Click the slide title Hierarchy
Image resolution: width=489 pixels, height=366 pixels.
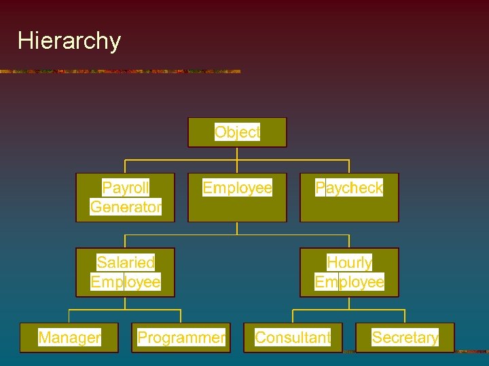coord(69,41)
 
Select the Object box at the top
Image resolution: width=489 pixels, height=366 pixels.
coord(237,132)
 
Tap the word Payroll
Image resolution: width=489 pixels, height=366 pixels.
coord(126,188)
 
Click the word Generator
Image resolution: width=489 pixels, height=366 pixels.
coord(126,207)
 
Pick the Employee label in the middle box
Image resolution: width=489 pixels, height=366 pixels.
coord(237,188)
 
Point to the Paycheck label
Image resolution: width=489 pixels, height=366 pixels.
coord(349,188)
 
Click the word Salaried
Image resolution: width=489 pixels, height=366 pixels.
coord(126,262)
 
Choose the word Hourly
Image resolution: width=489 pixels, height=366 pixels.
coord(349,262)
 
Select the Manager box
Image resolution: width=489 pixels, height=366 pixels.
coord(69,338)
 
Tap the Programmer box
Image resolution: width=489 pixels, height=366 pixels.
coord(181,338)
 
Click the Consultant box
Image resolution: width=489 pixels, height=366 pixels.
coord(293,338)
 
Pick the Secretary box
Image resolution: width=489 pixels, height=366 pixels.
coord(405,338)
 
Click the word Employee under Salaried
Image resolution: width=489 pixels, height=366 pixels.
coord(126,281)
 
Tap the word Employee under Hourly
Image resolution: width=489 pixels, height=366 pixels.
coord(349,281)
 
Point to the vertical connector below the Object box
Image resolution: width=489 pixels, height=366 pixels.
coord(237,153)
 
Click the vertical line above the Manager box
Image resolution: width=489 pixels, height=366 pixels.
coord(69,316)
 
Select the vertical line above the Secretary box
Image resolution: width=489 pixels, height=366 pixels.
coord(405,316)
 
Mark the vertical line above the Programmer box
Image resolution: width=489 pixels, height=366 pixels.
coord(181,316)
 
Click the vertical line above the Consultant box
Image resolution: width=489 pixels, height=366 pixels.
coord(293,316)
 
